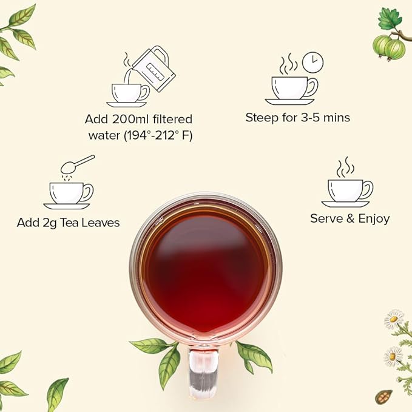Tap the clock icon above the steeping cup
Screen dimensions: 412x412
click(x=312, y=62)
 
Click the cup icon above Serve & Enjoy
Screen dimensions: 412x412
click(x=350, y=191)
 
